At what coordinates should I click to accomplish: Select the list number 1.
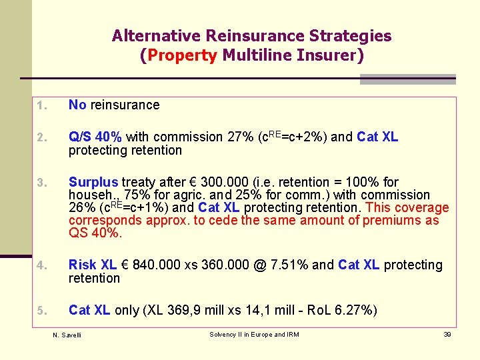click(x=40, y=105)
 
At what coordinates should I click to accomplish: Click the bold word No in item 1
click(x=77, y=105)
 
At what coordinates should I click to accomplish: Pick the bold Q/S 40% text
click(x=95, y=137)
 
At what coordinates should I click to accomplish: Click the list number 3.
click(x=40, y=183)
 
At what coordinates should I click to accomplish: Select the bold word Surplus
click(x=93, y=182)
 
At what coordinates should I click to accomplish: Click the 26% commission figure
click(x=81, y=207)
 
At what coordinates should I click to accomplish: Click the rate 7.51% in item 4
click(x=285, y=265)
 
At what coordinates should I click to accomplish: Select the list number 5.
click(x=40, y=311)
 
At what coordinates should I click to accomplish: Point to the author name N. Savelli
click(x=67, y=335)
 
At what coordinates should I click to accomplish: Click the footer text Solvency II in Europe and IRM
click(x=254, y=334)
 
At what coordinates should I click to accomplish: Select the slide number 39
click(x=447, y=334)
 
